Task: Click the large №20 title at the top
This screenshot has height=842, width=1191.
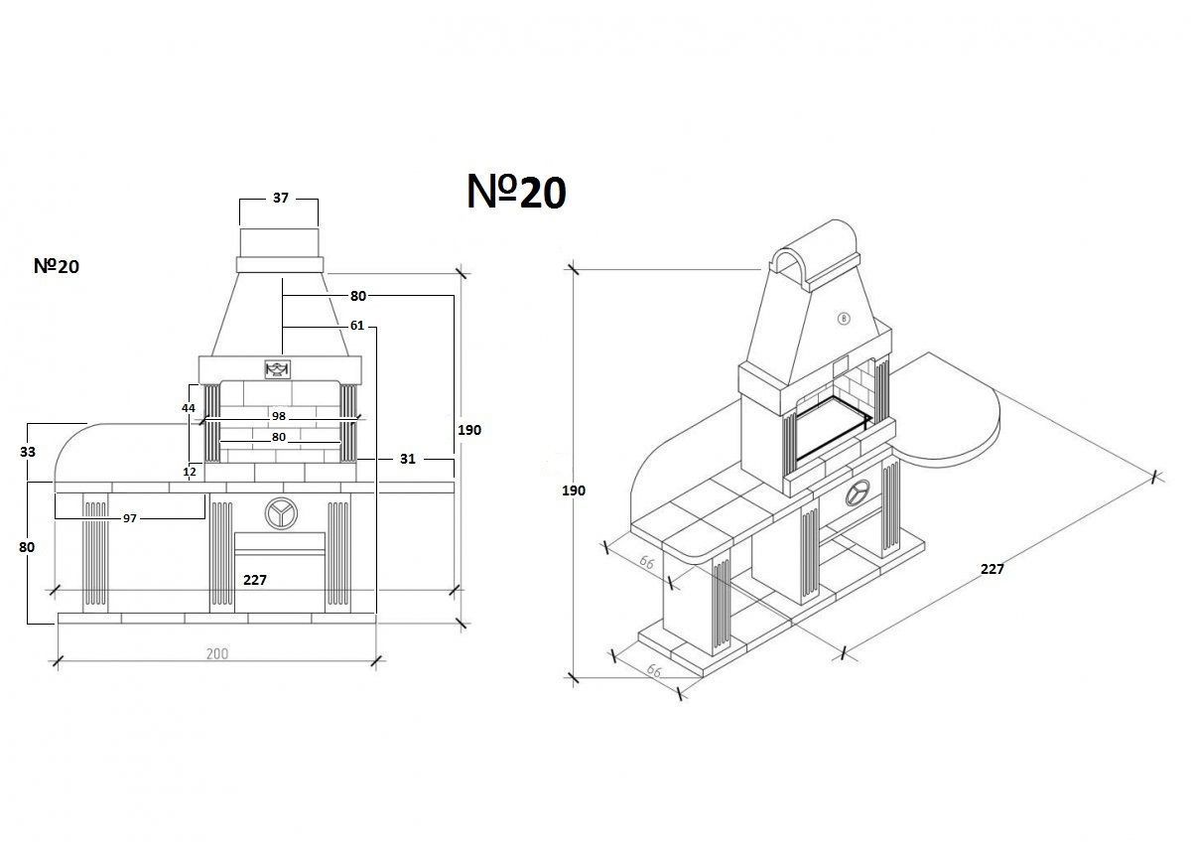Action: click(x=516, y=193)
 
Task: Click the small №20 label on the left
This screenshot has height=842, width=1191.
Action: click(x=56, y=266)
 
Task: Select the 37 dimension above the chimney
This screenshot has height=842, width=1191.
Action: click(x=280, y=199)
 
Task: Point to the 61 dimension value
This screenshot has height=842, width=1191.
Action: click(x=356, y=326)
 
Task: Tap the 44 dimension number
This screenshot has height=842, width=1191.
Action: click(x=189, y=408)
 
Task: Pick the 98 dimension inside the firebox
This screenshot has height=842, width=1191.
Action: click(x=279, y=416)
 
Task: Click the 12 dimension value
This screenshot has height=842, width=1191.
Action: click(x=190, y=472)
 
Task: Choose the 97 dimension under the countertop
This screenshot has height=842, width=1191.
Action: click(x=130, y=518)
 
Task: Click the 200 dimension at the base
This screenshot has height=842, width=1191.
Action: click(x=217, y=653)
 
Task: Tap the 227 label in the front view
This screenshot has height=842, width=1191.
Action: click(x=255, y=580)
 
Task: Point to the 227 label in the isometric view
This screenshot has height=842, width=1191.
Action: click(x=992, y=569)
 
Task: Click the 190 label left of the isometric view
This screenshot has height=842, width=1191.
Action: click(x=574, y=491)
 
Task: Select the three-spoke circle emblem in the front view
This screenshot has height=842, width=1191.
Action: click(x=279, y=511)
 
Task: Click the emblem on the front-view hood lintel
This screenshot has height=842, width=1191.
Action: click(x=277, y=369)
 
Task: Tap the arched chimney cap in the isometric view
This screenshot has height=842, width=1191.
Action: click(x=816, y=248)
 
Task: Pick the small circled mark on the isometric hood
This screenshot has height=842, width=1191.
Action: click(x=843, y=319)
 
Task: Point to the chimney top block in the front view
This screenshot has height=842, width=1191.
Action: click(x=279, y=242)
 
